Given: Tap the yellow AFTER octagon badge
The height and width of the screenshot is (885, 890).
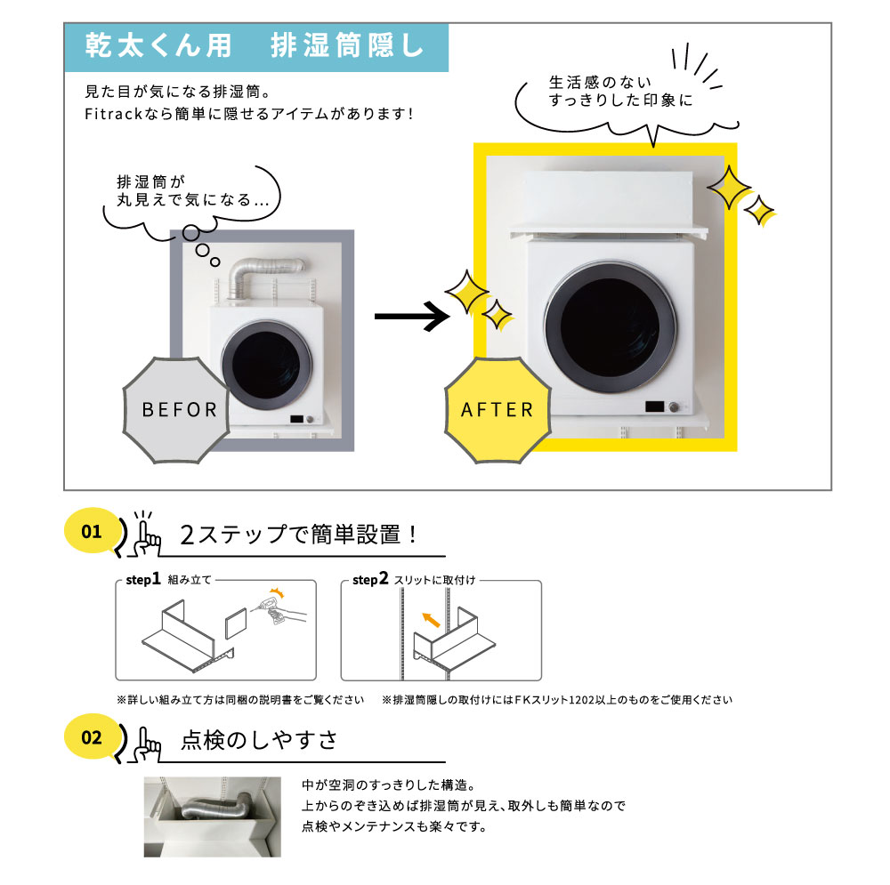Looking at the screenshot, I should (497, 409).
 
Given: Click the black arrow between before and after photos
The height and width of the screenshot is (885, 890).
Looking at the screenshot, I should (409, 316).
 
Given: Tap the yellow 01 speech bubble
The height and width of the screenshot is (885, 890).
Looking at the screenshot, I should (91, 532).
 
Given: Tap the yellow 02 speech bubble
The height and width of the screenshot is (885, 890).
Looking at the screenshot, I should (91, 737).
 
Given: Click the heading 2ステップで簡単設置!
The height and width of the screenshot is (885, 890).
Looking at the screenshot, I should (299, 535).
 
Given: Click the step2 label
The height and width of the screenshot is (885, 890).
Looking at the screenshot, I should (370, 580).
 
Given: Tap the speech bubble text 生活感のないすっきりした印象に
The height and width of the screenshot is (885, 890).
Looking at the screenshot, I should (619, 92).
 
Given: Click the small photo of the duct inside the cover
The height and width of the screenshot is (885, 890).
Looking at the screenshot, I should (214, 817).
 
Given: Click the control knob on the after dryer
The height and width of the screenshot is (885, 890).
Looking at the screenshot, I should (674, 406).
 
